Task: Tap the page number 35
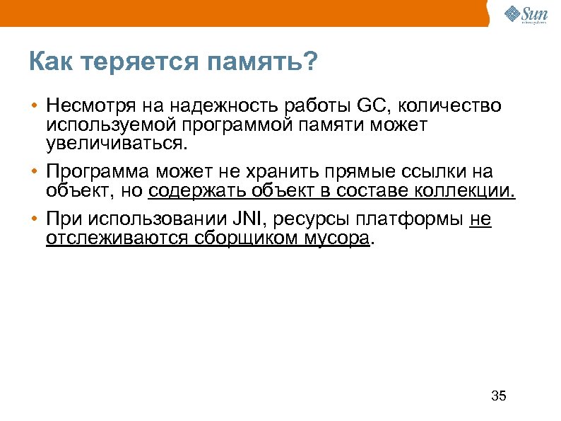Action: [x=498, y=396]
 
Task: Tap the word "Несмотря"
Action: [x=88, y=107]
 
